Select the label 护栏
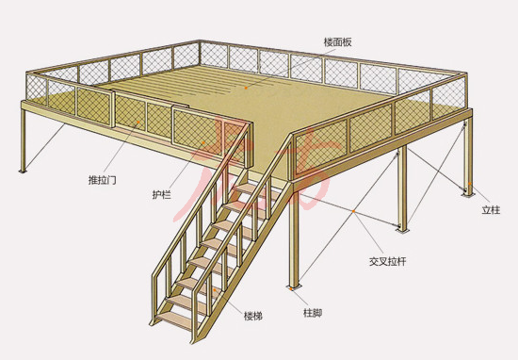(x=161, y=195)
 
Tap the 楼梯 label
(x=251, y=314)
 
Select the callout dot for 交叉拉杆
(x=352, y=214)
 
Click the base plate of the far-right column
(x=466, y=196)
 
